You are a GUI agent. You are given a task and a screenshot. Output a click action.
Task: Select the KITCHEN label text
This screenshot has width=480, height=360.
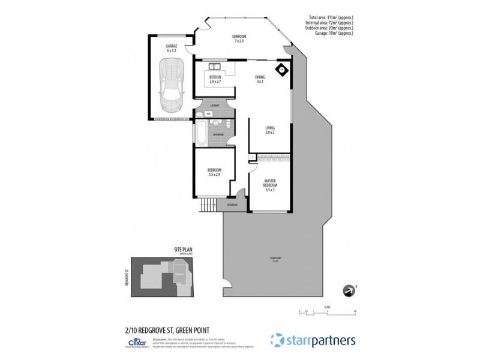(x=215, y=79)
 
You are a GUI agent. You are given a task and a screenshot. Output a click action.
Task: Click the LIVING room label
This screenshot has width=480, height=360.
(x=270, y=129)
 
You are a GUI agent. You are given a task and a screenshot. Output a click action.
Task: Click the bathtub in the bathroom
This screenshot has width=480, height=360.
(x=202, y=132)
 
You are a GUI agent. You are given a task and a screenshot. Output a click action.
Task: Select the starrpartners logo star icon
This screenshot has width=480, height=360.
(x=277, y=340)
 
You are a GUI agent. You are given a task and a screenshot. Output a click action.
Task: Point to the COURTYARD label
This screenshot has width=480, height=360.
(x=275, y=259)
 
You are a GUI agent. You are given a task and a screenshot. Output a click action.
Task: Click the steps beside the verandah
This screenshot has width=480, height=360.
(x=208, y=205)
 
